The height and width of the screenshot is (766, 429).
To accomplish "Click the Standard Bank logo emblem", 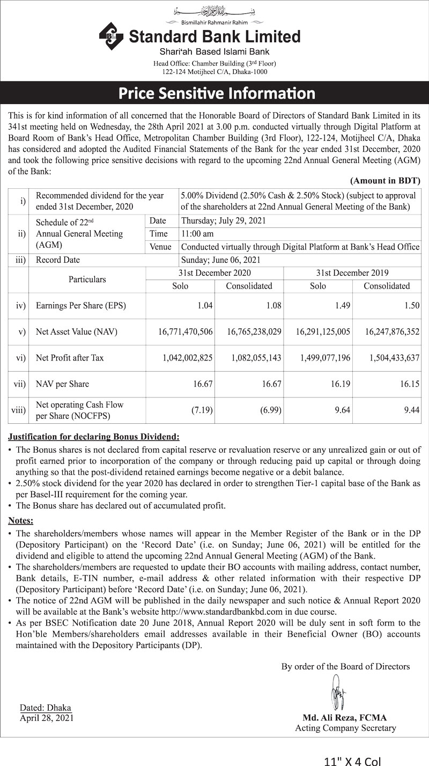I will point(111,36).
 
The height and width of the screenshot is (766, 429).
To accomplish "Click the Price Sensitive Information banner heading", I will point(217,93).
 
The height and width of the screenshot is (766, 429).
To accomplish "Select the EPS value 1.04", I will point(205,306).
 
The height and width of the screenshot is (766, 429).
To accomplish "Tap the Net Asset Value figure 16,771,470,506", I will point(186,332).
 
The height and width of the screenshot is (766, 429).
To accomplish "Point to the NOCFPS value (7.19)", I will point(202,410).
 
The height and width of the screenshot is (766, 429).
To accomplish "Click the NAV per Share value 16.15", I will point(409,384).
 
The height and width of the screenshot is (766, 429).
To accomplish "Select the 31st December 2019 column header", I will point(352,273).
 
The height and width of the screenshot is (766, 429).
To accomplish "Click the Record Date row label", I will point(57,260).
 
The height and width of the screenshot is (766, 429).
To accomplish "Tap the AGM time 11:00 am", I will point(198,234).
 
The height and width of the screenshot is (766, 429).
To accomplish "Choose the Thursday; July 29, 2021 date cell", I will point(224,221).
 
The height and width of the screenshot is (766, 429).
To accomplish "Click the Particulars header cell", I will point(87,279).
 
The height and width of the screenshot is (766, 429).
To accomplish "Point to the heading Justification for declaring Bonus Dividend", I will point(94,437).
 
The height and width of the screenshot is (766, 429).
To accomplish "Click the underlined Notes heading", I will point(20,520).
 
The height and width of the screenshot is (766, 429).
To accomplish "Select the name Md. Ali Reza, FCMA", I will point(345,718).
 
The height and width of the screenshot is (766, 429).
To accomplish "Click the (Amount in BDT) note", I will point(385,181).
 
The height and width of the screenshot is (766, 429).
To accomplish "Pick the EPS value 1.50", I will point(411,306).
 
